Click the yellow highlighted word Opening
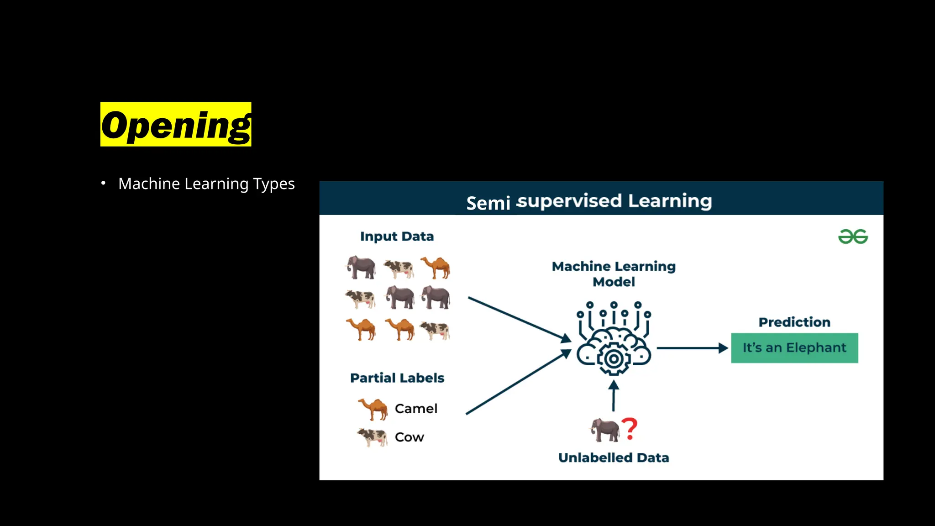176,124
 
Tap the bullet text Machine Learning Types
206,184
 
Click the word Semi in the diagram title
488,203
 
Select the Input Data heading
397,237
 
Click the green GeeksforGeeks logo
853,237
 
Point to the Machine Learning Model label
614,274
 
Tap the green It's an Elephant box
794,348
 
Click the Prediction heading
794,322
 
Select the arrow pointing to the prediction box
692,348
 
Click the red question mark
630,429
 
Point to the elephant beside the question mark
605,430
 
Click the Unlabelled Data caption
614,458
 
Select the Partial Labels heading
397,378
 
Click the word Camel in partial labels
416,408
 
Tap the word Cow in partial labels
410,437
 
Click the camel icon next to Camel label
373,408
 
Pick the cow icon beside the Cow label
373,437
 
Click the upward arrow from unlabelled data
614,396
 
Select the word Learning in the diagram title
670,201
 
